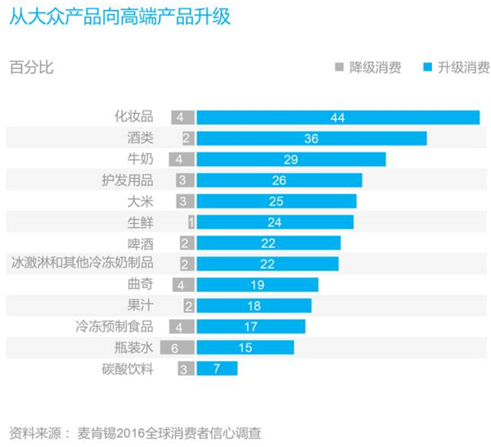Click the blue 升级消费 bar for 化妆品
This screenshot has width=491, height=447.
pyautogui.click(x=337, y=117)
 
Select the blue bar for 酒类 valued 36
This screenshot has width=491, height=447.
pyautogui.click(x=311, y=138)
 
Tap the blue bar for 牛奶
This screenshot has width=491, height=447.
pyautogui.click(x=291, y=159)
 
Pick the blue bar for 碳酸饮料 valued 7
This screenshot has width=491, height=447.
pyautogui.click(x=216, y=369)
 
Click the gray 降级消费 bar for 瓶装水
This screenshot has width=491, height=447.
pyautogui.click(x=182, y=348)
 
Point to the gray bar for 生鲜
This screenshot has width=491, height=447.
pyautogui.click(x=190, y=222)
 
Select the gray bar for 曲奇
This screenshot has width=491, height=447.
pyautogui.click(x=183, y=285)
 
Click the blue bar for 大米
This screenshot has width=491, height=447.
pyautogui.click(x=276, y=201)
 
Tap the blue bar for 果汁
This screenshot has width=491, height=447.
pyautogui.click(x=254, y=306)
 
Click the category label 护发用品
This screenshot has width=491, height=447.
pyautogui.click(x=127, y=181)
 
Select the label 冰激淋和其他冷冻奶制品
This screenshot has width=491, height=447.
pyautogui.click(x=82, y=264)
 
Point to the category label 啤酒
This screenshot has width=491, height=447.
pyautogui.click(x=140, y=243)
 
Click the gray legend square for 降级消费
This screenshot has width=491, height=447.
pyautogui.click(x=339, y=67)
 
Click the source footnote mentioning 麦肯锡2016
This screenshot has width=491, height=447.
pyautogui.click(x=140, y=432)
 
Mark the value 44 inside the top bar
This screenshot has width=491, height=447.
pyautogui.click(x=337, y=118)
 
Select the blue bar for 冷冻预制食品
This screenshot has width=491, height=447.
pyautogui.click(x=251, y=327)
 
